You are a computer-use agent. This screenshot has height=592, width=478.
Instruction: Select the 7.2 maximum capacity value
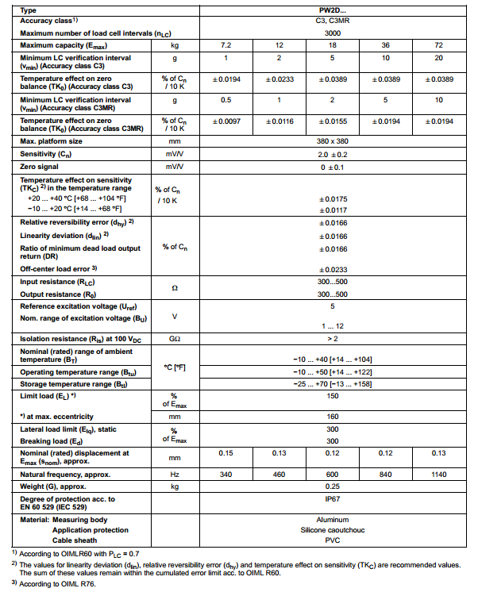pos(226,46)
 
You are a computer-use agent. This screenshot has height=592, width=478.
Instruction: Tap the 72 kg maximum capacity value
pos(439,46)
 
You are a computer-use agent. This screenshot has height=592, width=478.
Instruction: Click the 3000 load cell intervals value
pos(333,34)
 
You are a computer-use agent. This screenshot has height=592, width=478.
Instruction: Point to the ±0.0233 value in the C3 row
pos(279,81)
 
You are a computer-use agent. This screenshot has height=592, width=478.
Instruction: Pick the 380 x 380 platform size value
pos(333,140)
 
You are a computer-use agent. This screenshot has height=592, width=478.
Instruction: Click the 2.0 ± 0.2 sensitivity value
pos(333,154)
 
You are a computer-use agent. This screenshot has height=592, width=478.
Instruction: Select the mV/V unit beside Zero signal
pos(174,167)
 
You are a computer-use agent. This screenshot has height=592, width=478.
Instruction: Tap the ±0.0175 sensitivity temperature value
pos(333,198)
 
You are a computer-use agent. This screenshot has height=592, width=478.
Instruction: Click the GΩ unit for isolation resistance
pos(174,339)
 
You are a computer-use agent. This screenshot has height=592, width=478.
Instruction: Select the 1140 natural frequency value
pos(439,474)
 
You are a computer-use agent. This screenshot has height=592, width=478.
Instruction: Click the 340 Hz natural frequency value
pos(226,474)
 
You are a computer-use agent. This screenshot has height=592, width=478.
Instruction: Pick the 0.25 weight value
pos(333,486)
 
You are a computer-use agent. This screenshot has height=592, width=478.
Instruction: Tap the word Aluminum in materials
pos(333,519)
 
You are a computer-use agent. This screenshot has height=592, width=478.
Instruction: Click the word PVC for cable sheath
pos(333,540)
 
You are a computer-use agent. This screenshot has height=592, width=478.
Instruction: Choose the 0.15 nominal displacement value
pos(226,453)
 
